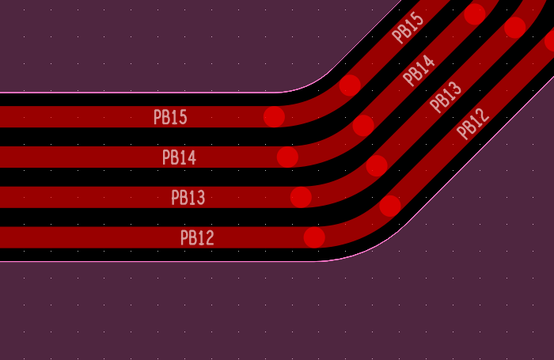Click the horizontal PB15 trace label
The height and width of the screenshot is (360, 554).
(170, 117)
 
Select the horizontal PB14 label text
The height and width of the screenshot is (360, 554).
(179, 157)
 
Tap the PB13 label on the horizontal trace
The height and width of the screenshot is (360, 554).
(188, 198)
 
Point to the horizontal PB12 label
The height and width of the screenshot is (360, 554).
(197, 238)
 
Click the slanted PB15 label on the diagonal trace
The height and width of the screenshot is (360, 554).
(408, 28)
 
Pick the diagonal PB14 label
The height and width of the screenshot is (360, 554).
(419, 70)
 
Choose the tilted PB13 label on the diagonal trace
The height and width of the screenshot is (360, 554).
(446, 97)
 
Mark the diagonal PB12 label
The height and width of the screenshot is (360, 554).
(472, 123)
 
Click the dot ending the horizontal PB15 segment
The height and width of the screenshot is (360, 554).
(274, 116)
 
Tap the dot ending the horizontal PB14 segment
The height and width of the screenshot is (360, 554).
(287, 157)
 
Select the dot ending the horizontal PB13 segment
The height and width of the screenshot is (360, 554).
(301, 197)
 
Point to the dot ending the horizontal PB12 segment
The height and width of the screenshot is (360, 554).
(314, 237)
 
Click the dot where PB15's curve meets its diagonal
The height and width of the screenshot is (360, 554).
(350, 85)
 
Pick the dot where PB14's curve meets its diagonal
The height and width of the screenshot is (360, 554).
(363, 126)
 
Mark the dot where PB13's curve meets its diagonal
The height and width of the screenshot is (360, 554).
(377, 165)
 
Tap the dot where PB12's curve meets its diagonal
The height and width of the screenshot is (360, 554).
(390, 206)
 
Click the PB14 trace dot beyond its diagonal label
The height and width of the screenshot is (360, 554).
(475, 13)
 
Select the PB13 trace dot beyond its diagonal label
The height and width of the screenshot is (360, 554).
(515, 27)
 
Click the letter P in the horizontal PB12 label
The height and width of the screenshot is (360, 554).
(184, 238)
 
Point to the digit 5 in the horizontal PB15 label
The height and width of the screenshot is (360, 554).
(184, 117)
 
